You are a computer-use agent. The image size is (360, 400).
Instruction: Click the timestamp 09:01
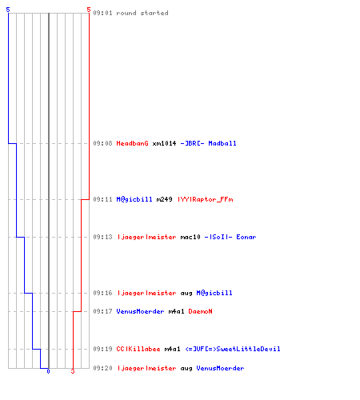tap(102, 13)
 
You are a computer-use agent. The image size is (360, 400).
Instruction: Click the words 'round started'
tap(142, 13)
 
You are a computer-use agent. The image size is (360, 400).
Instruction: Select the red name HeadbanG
tap(132, 143)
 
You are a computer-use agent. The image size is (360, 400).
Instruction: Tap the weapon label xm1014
tap(164, 143)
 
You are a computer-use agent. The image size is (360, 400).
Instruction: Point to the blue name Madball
tap(222, 143)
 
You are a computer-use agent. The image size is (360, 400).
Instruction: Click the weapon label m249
tap(164, 199)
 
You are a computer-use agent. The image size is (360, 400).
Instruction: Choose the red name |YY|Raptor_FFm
tap(206, 199)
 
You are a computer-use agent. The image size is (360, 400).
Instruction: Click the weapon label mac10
tap(190, 237)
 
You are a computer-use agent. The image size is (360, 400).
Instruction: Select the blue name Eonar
tap(246, 237)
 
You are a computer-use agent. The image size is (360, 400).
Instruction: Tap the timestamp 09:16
tap(102, 293)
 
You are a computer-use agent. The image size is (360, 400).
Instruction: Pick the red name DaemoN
tap(200, 311)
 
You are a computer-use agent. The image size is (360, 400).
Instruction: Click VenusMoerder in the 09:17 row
tap(140, 311)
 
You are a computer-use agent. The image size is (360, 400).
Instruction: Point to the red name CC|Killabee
tap(138, 349)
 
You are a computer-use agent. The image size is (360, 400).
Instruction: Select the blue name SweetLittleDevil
tap(248, 349)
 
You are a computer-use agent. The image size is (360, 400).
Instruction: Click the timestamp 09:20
tap(102, 368)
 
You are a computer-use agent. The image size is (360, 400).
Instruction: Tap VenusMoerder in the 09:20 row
tap(220, 368)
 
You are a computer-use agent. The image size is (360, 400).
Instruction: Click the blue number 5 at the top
tap(8, 10)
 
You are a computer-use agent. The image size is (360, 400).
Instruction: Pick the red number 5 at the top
tap(89, 10)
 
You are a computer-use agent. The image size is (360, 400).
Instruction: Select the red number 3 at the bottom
tap(73, 371)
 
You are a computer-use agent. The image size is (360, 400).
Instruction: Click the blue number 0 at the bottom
tap(48, 371)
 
